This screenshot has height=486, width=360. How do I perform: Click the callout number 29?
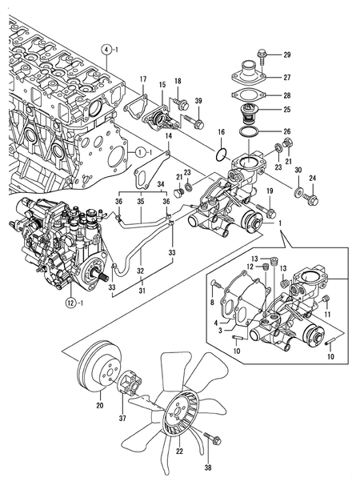[x=286, y=54]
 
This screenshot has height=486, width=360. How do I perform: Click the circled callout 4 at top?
[x=106, y=50]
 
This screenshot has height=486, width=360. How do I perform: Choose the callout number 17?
[x=143, y=78]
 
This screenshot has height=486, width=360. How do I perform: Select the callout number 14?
[x=168, y=137]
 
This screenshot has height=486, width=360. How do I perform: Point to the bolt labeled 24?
[x=312, y=197]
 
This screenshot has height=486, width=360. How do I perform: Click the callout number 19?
[x=270, y=191]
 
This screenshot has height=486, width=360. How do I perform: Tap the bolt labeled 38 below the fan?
[x=213, y=439]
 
